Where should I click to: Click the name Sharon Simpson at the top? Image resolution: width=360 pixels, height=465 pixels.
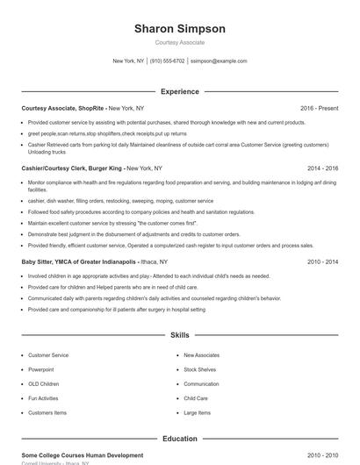click(x=179, y=28)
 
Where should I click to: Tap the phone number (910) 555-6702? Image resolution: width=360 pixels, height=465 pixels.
click(x=167, y=61)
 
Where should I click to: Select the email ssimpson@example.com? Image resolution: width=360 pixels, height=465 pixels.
click(x=219, y=61)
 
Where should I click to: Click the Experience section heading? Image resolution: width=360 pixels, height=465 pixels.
click(x=179, y=91)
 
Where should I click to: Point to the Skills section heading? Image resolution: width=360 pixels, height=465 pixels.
click(x=179, y=335)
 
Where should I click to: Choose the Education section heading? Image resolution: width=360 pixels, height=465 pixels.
click(x=179, y=439)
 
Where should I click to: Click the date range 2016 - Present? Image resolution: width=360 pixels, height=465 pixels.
click(x=319, y=108)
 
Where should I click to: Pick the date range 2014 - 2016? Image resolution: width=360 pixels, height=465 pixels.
click(x=322, y=168)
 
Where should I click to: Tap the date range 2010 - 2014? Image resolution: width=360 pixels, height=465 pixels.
click(x=322, y=261)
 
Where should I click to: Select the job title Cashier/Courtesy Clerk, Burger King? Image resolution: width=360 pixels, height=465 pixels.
click(x=73, y=168)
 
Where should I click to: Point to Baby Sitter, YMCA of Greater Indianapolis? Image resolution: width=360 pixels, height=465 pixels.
click(x=77, y=261)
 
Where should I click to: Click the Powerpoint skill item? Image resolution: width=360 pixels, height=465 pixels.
click(x=40, y=369)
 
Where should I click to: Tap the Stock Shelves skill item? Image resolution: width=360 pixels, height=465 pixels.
click(x=201, y=369)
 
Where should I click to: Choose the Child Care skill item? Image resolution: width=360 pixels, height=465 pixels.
click(x=196, y=398)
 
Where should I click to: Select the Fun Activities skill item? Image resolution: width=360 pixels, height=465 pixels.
click(x=45, y=398)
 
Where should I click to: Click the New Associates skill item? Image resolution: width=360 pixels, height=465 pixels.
click(x=201, y=355)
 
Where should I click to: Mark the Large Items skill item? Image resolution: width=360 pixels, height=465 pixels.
click(x=197, y=412)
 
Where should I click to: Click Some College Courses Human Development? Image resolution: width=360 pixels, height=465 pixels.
click(x=82, y=455)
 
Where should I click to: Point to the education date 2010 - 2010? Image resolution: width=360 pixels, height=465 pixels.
click(x=322, y=455)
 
